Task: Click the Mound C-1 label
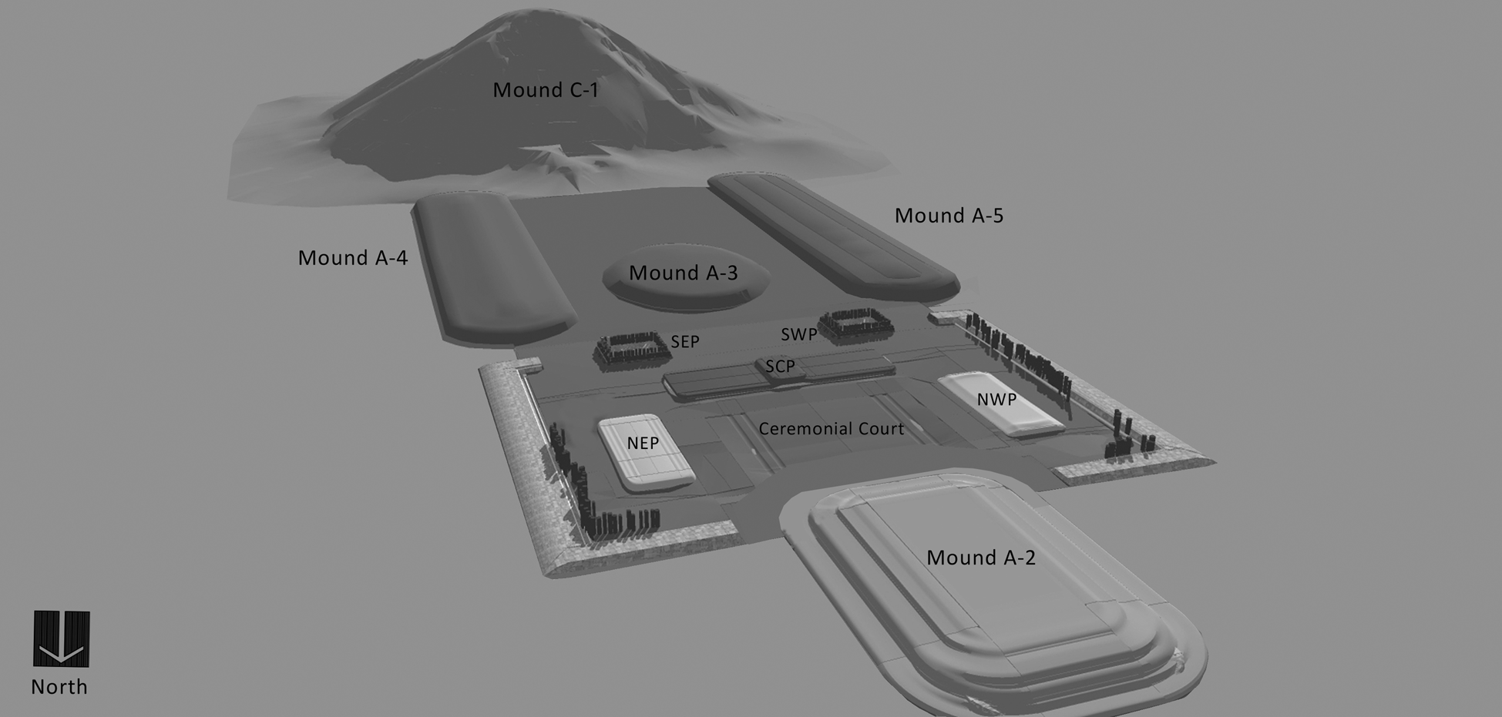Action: coord(546,90)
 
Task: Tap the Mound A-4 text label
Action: coord(353,258)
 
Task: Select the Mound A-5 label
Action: coord(949,216)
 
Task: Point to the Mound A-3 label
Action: coord(684,273)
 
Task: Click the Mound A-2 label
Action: coord(981,558)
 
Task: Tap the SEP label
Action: coord(685,342)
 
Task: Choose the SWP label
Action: coord(799,334)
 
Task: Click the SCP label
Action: coord(780,367)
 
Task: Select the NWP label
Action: coord(996,400)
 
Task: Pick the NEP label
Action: coord(643,444)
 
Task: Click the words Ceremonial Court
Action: coord(831,429)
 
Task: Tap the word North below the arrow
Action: coord(59,687)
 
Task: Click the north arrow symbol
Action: coord(62,639)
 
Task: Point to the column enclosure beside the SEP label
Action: coord(631,351)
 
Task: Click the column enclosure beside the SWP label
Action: coord(855,325)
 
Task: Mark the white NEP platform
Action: coord(646,454)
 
